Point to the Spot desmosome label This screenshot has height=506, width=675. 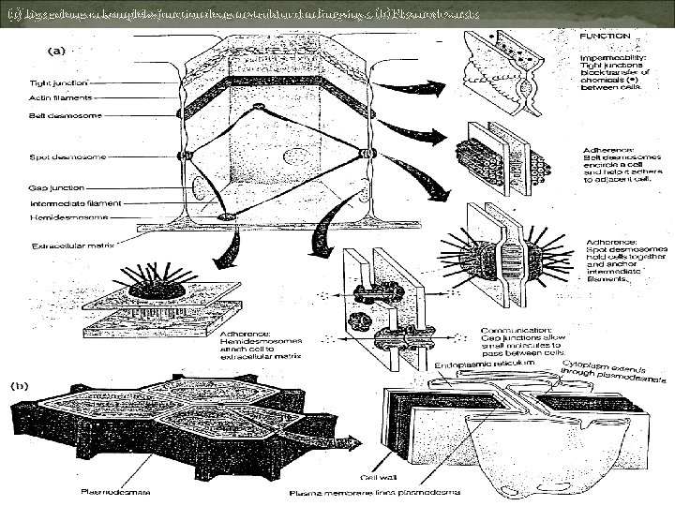tap(55, 156)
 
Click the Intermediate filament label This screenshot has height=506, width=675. tap(67, 202)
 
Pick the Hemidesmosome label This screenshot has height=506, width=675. tap(66, 216)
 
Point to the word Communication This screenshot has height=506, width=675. tap(512, 330)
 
